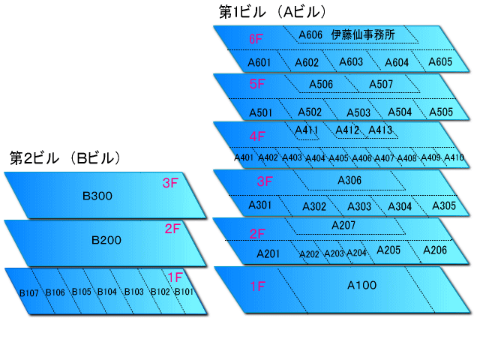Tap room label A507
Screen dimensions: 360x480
[x=380, y=84]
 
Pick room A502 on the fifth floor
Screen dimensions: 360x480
[x=309, y=112]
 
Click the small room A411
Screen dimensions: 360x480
[x=307, y=130]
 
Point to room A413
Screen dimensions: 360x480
[x=380, y=130]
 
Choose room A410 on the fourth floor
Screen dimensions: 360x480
[x=454, y=157]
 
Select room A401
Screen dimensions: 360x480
[x=244, y=157]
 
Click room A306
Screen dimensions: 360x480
[x=349, y=180]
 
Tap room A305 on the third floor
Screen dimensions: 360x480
[x=444, y=205]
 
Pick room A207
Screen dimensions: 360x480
[x=343, y=225]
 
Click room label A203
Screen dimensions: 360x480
[x=333, y=253]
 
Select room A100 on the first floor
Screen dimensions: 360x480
[x=361, y=285]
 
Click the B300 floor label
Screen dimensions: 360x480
[x=97, y=196]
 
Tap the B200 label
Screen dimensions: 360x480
[x=106, y=241]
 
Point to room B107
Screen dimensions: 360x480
[x=28, y=292]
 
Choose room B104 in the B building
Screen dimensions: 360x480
[x=106, y=292]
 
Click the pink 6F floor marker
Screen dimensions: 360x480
[x=256, y=37]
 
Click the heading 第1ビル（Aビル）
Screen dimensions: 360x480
[x=271, y=11]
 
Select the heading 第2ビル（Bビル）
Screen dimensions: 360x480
[x=65, y=158]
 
